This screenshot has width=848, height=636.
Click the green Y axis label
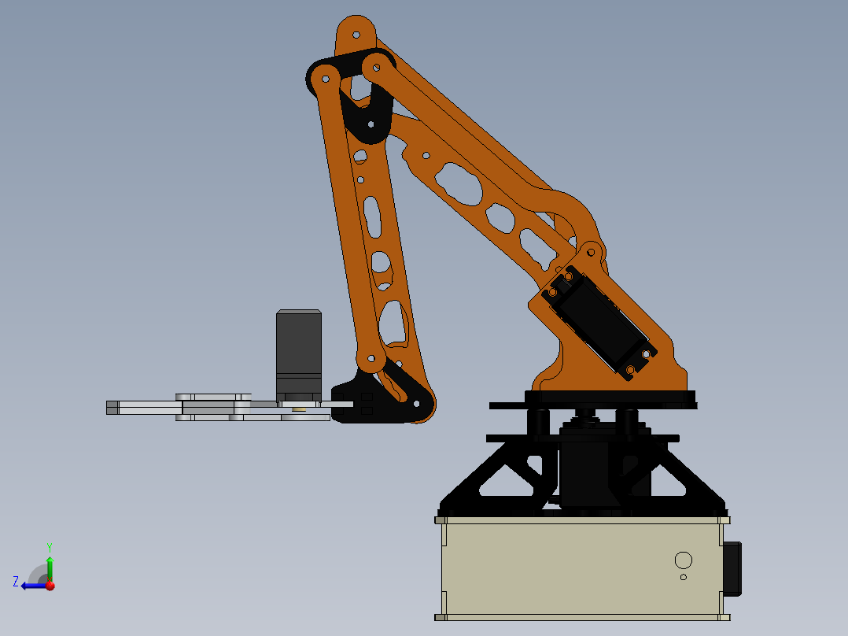pos(49,546)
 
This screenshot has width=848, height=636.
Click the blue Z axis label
pos(16,582)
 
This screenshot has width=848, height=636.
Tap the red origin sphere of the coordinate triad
pos(50,585)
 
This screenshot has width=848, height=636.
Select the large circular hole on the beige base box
pos(683,560)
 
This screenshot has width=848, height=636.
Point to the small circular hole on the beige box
pos(683,577)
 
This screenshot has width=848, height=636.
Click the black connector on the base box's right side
pos(732,568)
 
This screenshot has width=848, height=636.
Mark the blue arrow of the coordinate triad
pos(31,585)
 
